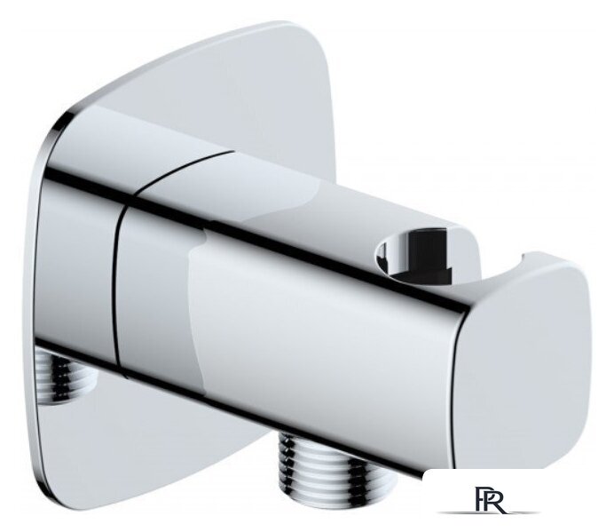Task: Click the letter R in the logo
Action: [x=495, y=499]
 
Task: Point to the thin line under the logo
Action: [x=488, y=512]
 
